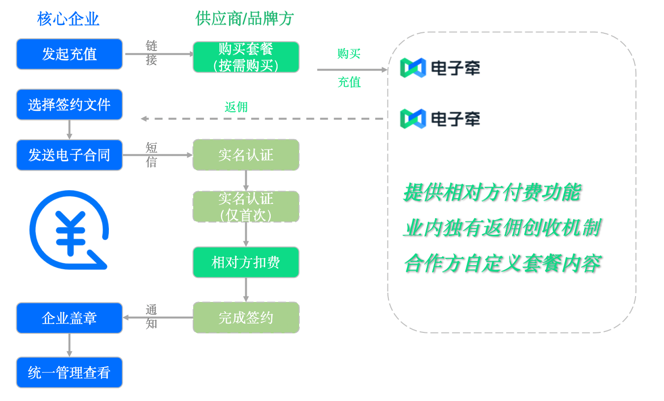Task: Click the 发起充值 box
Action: pyautogui.click(x=69, y=54)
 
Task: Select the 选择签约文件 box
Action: pyautogui.click(x=69, y=104)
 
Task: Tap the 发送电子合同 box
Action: pyautogui.click(x=69, y=155)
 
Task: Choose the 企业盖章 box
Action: pyautogui.click(x=69, y=318)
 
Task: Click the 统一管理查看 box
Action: pyautogui.click(x=69, y=373)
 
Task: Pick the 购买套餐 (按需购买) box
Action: pyautogui.click(x=246, y=57)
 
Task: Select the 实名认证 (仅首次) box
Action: pyautogui.click(x=246, y=206)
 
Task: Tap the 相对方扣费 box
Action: pyautogui.click(x=246, y=262)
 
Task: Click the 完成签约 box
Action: pyautogui.click(x=246, y=318)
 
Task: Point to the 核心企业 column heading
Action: pyautogui.click(x=68, y=19)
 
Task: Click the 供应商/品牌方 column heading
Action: pyautogui.click(x=244, y=19)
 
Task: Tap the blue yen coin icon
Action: pyautogui.click(x=69, y=230)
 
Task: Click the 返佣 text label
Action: pyautogui.click(x=236, y=107)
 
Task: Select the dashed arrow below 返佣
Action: pyautogui.click(x=262, y=119)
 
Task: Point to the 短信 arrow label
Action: pyautogui.click(x=152, y=155)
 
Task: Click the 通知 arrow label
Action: pyautogui.click(x=152, y=317)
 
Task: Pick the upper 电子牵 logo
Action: pyautogui.click(x=440, y=68)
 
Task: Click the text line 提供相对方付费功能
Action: pyautogui.click(x=492, y=192)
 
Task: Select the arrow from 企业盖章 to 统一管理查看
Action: pyautogui.click(x=69, y=345)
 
